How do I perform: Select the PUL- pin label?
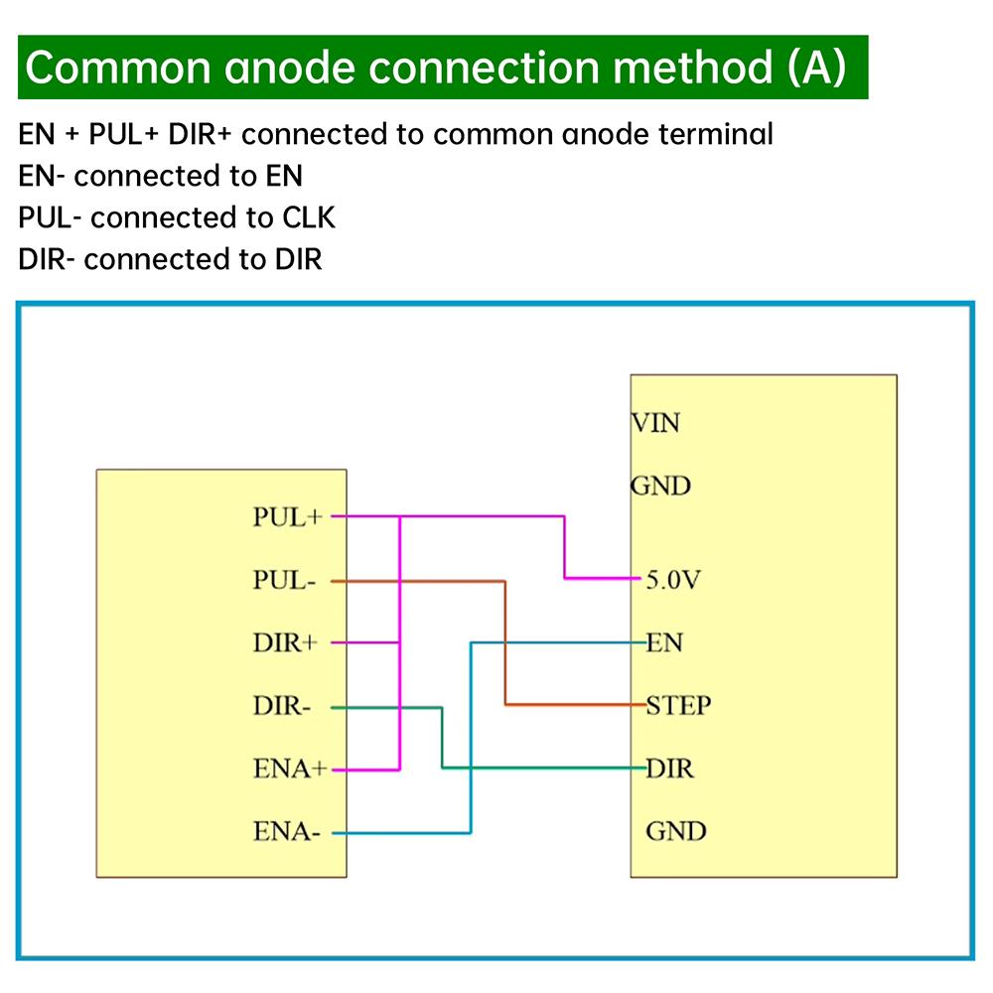[284, 581]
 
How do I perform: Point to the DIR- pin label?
[282, 707]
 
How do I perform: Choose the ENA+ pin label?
[289, 770]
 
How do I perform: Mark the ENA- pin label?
[286, 833]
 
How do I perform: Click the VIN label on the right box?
[655, 423]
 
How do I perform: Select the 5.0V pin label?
[674, 580]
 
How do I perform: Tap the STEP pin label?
[678, 706]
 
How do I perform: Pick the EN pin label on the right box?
[664, 642]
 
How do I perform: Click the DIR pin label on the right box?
[669, 769]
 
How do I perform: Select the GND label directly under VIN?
[660, 487]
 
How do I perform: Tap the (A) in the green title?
[815, 68]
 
